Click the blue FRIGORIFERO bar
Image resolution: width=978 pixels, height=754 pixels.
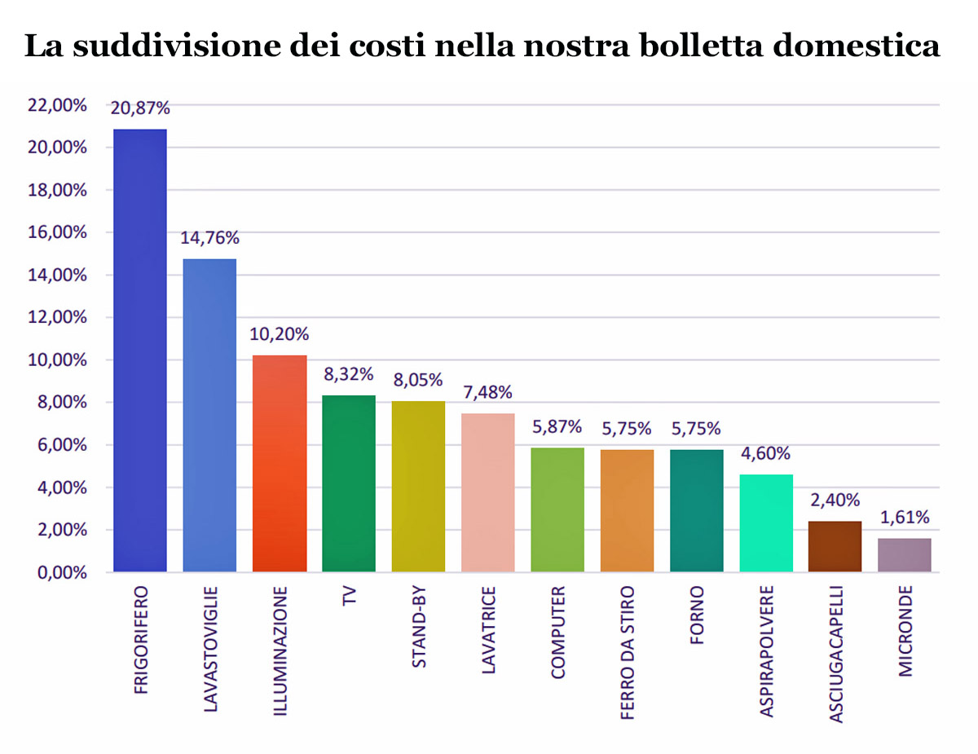[140, 351]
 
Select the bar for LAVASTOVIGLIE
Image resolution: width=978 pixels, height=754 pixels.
[209, 416]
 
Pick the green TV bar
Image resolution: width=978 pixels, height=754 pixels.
[349, 483]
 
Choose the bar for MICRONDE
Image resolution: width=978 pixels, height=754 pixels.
[905, 555]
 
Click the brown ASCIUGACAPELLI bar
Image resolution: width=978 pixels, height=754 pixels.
[835, 547]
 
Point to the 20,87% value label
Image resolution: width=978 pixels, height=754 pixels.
[140, 108]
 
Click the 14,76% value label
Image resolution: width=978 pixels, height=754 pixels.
[209, 238]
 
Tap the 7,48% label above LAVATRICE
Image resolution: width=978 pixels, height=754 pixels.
[487, 392]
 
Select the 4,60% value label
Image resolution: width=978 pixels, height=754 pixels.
[766, 453]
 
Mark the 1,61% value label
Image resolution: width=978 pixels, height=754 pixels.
[905, 517]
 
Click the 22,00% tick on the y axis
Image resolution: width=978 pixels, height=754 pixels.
[58, 105]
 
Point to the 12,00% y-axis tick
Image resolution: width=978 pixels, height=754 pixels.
[58, 317]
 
